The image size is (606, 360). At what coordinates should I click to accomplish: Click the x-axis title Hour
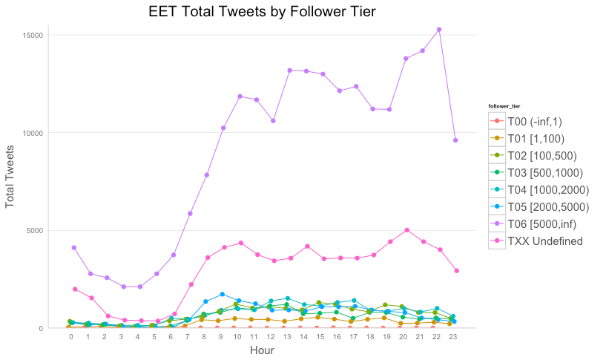(x=262, y=350)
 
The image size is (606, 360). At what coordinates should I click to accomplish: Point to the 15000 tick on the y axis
(x=33, y=35)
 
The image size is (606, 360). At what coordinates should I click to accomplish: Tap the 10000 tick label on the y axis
(x=33, y=133)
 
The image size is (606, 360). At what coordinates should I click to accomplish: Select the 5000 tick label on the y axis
(x=36, y=230)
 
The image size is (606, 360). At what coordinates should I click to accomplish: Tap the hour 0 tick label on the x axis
(x=71, y=336)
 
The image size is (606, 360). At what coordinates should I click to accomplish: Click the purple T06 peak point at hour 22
(x=439, y=30)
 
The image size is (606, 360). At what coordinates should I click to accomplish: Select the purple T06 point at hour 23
(x=455, y=140)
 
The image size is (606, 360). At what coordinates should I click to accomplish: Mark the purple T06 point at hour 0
(x=73, y=248)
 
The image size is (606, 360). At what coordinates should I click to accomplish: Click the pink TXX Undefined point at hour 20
(x=406, y=230)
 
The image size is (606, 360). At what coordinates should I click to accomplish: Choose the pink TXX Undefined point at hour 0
(x=75, y=289)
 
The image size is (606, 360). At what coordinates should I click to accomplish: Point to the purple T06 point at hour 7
(x=190, y=214)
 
